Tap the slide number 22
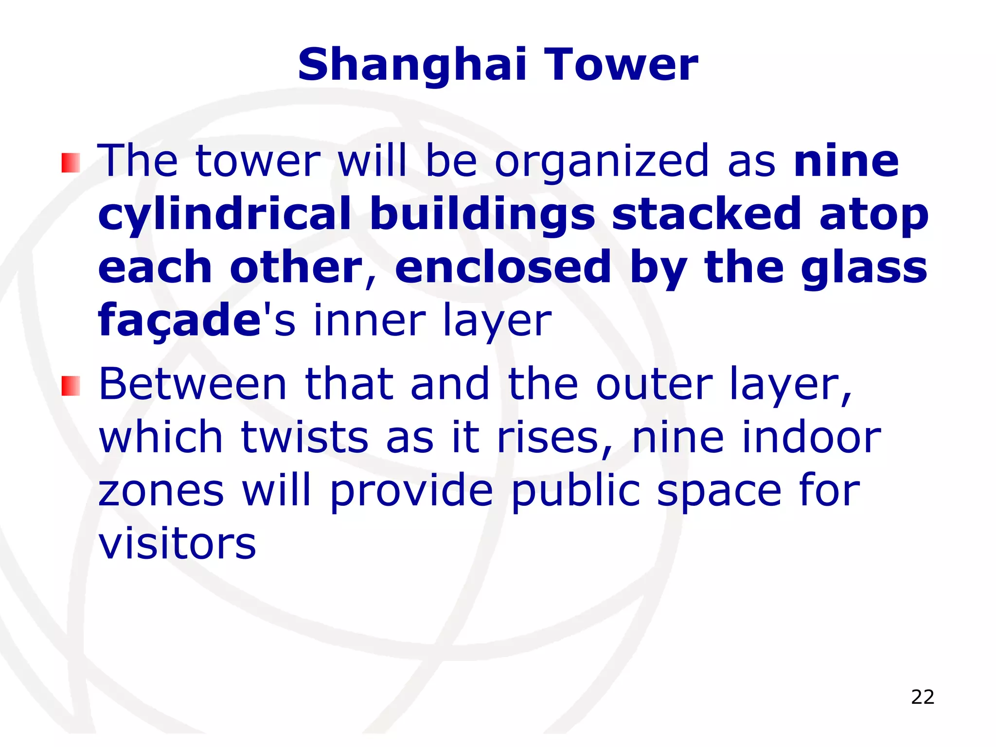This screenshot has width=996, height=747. tap(923, 697)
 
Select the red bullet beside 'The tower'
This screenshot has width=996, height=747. tap(71, 163)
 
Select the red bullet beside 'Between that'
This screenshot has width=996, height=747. tap(71, 386)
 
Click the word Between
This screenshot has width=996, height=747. tap(193, 385)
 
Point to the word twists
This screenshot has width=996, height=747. tap(304, 438)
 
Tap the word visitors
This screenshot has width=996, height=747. tap(177, 544)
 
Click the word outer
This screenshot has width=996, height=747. tap(655, 386)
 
